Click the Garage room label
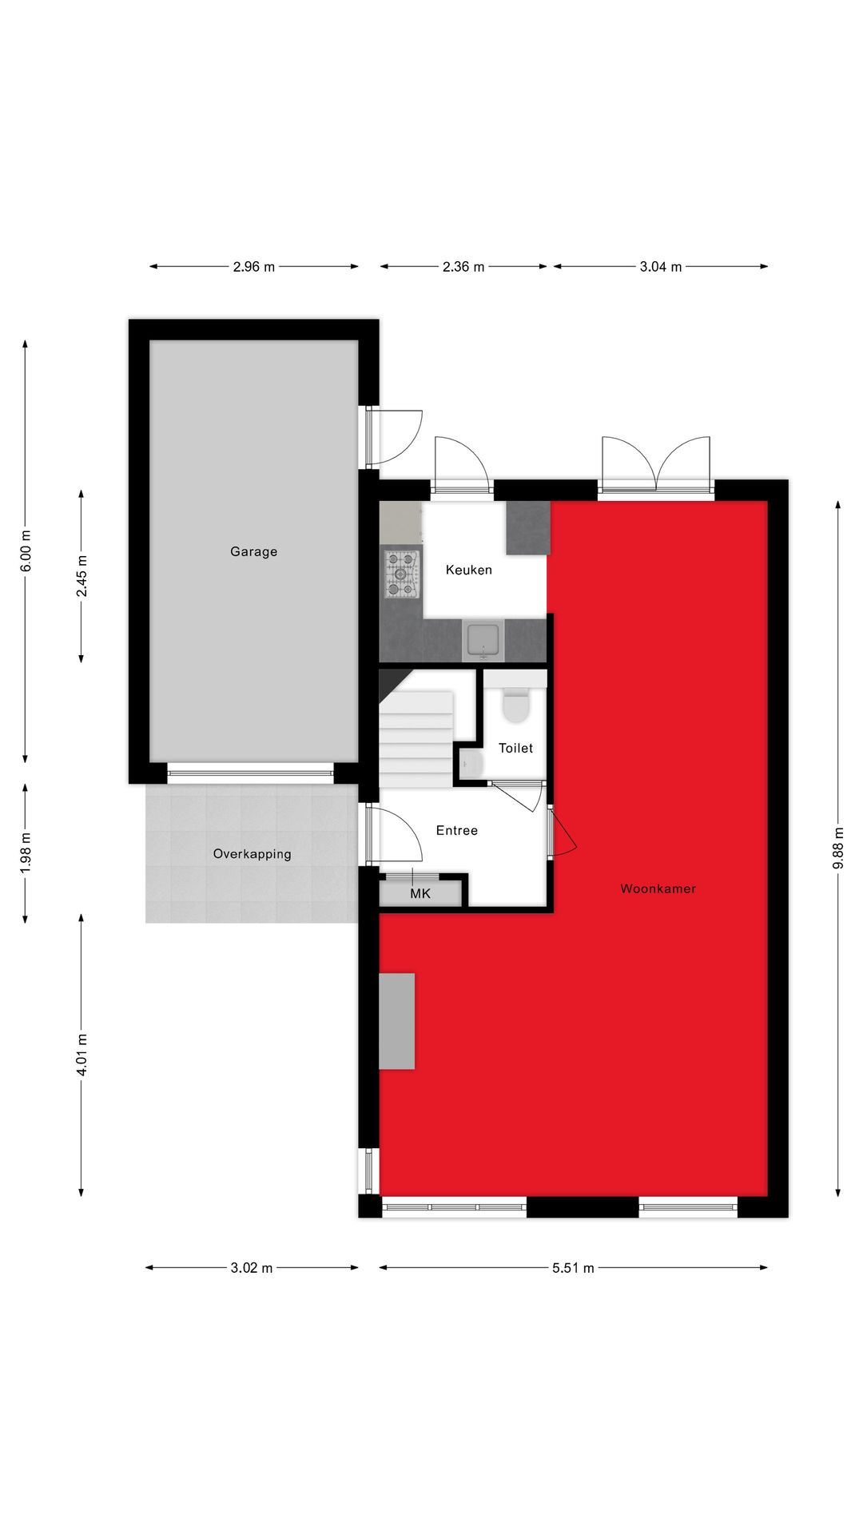[x=253, y=551]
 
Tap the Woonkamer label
[x=658, y=888]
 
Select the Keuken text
[x=468, y=570]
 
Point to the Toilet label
[x=515, y=748]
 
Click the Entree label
[x=456, y=830]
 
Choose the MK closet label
[x=420, y=893]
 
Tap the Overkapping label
[x=252, y=853]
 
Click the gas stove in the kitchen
[x=401, y=574]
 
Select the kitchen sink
[x=483, y=641]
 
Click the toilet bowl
[x=516, y=706]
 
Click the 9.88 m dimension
[x=837, y=848]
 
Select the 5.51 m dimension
[x=573, y=1267]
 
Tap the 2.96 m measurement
[x=253, y=267]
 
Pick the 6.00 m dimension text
[x=26, y=550]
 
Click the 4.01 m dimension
[x=82, y=1054]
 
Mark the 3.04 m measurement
[x=660, y=267]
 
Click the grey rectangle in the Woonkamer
[x=397, y=1020]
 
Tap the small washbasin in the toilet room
[x=471, y=764]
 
